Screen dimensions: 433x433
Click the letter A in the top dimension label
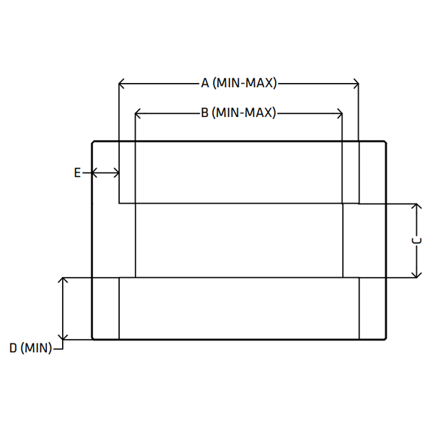pos(205,83)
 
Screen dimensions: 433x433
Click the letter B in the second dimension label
pos(205,113)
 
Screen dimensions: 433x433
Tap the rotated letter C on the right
pos(416,241)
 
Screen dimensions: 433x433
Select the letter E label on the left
pos(77,173)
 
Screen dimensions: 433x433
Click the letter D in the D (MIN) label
pos(13,348)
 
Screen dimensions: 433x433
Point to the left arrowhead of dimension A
pos(121,83)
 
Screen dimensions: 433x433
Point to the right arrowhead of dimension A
pos(356,83)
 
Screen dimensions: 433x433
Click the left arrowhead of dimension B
pos(138,113)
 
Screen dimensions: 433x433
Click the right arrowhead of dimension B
pos(339,113)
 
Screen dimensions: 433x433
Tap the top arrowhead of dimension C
pos(416,206)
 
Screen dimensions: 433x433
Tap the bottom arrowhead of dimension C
pos(416,274)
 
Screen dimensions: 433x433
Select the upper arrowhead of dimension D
pos(64,280)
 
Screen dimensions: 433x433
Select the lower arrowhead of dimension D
pos(64,336)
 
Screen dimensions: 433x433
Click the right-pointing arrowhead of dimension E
pos(116,173)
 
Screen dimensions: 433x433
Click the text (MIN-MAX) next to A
pos(245,83)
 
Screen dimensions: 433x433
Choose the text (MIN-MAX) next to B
pos(244,113)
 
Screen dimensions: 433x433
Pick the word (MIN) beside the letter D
pos(36,348)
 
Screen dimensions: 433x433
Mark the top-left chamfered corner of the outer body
pos(93,142)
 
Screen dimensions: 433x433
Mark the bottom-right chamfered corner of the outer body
pos(385,338)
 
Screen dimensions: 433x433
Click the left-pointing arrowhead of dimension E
pos(94,173)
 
